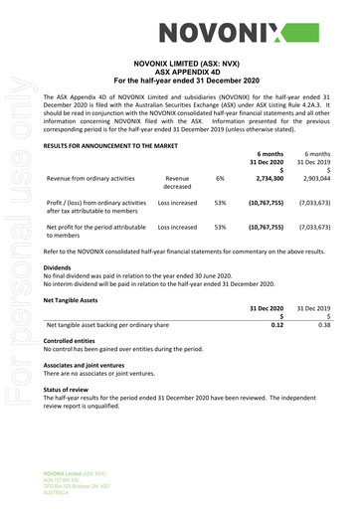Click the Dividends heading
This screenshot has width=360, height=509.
58,268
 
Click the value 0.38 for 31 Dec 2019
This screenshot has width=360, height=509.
323,325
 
